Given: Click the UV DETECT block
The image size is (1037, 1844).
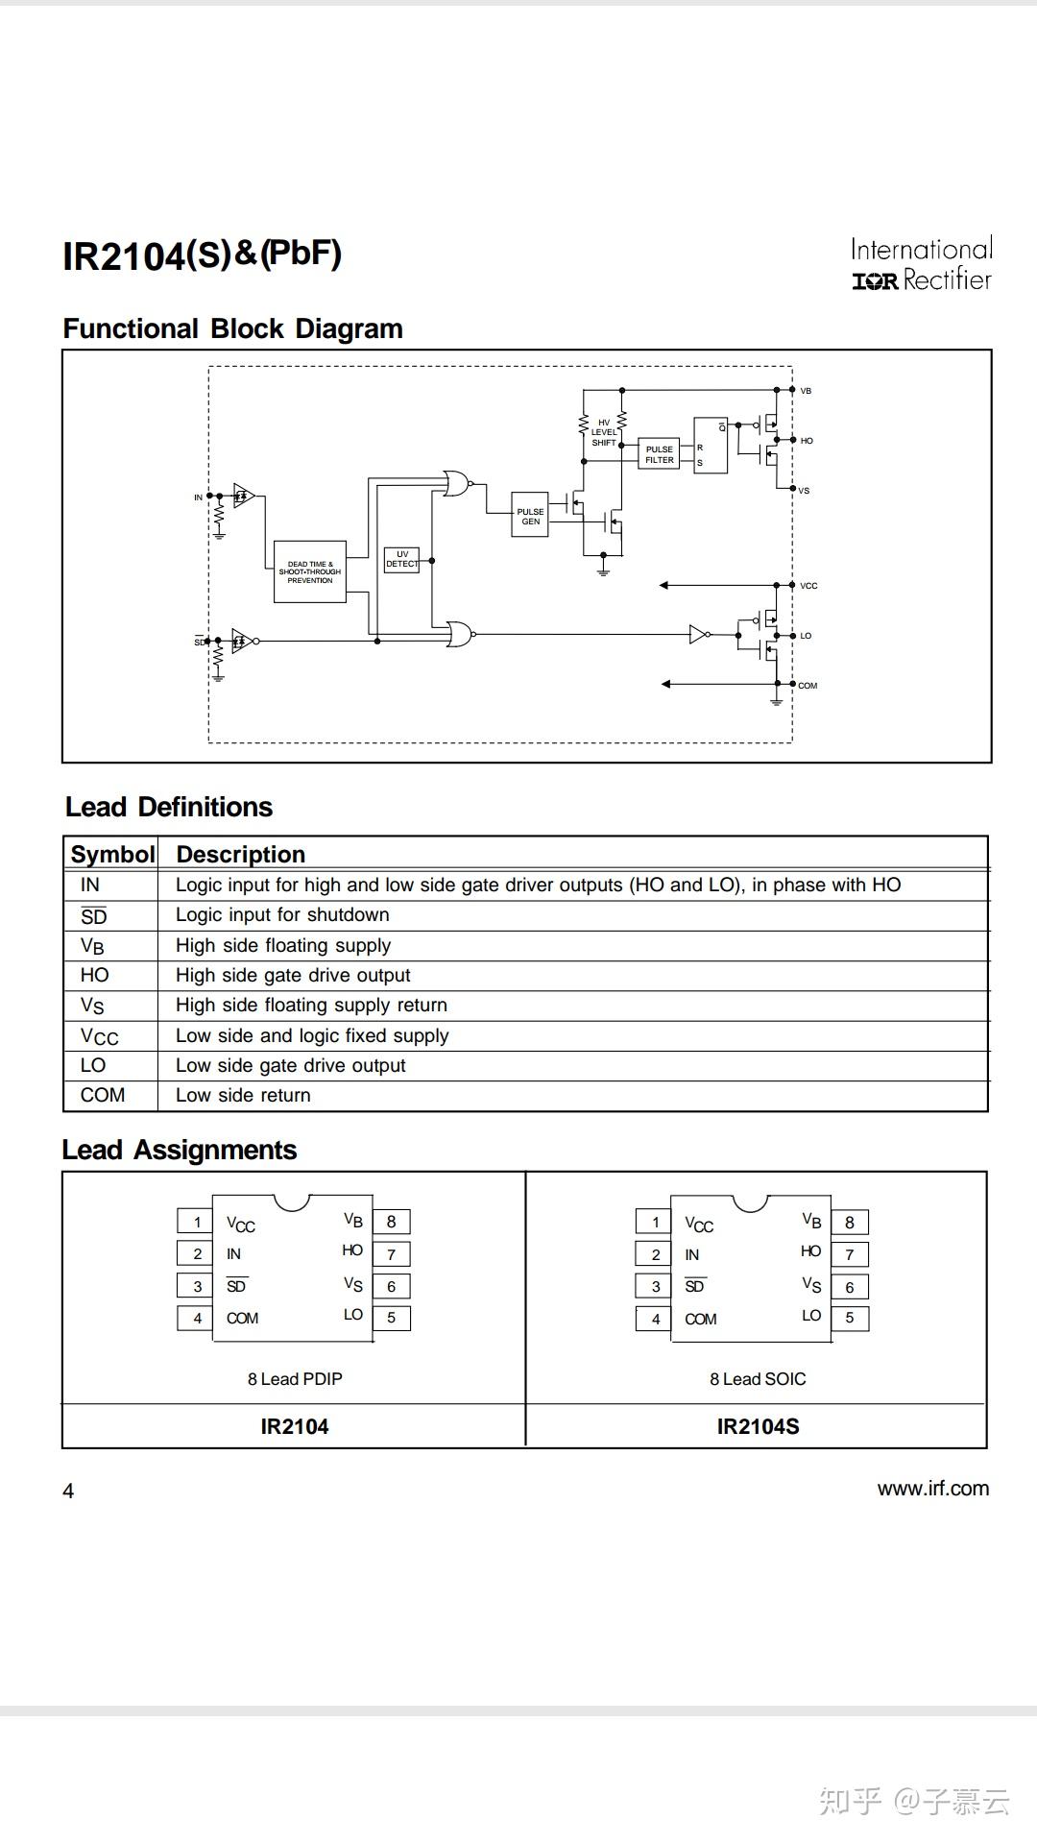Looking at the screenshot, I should click(x=401, y=559).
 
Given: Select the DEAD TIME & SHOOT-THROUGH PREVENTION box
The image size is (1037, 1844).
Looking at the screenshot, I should click(x=310, y=571).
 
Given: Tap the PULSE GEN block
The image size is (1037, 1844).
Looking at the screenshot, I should click(x=530, y=516).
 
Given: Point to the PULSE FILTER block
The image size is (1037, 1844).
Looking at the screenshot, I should click(x=660, y=454).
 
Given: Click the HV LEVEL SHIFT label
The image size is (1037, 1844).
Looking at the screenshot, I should click(x=604, y=432).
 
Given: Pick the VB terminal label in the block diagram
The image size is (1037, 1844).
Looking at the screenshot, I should click(x=806, y=391).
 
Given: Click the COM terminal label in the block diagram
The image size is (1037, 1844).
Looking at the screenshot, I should click(x=808, y=686).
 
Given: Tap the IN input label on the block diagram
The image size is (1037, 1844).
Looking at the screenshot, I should click(x=199, y=497).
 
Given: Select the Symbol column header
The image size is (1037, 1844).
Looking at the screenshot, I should click(x=112, y=854).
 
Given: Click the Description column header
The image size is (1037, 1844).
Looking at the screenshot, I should click(x=240, y=854).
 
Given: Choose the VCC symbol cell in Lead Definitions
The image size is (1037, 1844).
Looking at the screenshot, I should click(x=99, y=1036).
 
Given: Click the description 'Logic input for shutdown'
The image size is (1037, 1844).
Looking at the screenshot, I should click(x=282, y=915).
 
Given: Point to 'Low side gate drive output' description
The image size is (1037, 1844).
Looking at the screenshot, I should click(x=290, y=1066).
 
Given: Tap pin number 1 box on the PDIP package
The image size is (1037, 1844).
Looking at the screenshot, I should click(x=197, y=1222).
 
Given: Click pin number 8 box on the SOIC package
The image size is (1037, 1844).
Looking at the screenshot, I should click(x=849, y=1223).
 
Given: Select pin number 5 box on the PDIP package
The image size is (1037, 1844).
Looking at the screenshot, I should click(x=391, y=1318).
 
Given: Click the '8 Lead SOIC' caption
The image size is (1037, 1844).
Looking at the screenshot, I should click(x=758, y=1379).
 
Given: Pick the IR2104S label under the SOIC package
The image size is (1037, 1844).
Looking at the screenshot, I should click(x=758, y=1426).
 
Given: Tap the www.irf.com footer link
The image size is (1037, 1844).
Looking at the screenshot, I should click(x=932, y=1489).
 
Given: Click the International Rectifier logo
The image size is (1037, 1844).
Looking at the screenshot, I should click(x=921, y=264).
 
